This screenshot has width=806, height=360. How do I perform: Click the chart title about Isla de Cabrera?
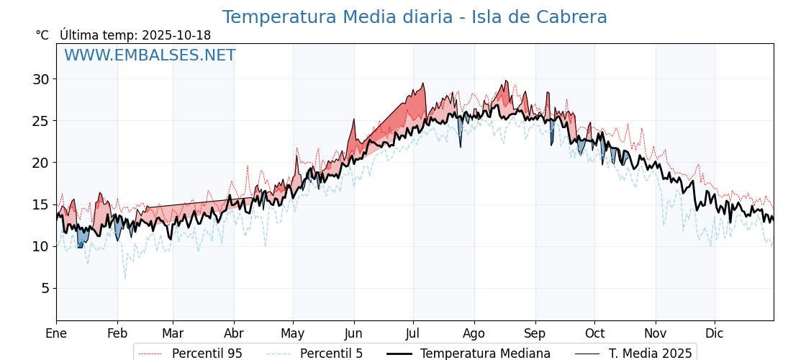pyautogui.click(x=415, y=17)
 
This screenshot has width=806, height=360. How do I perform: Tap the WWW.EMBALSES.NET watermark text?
pyautogui.click(x=150, y=55)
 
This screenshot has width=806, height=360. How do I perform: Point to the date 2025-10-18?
pyautogui.click(x=176, y=35)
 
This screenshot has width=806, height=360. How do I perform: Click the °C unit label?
pyautogui.click(x=42, y=35)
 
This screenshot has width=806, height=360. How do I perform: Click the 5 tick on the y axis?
pyautogui.click(x=45, y=288)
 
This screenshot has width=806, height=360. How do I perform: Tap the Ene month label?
pyautogui.click(x=56, y=333)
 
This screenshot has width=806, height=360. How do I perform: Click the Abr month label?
pyautogui.click(x=234, y=333)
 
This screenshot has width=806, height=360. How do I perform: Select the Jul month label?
pyautogui.click(x=413, y=333)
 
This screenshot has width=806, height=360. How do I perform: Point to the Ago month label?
pyautogui.click(x=474, y=333)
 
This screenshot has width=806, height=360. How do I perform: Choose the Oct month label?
pyautogui.click(x=594, y=333)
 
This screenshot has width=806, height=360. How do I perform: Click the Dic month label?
pyautogui.click(x=715, y=333)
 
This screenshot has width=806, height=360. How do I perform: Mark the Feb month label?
pyautogui.click(x=117, y=333)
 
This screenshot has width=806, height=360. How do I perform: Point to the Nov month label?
pyautogui.click(x=656, y=333)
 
